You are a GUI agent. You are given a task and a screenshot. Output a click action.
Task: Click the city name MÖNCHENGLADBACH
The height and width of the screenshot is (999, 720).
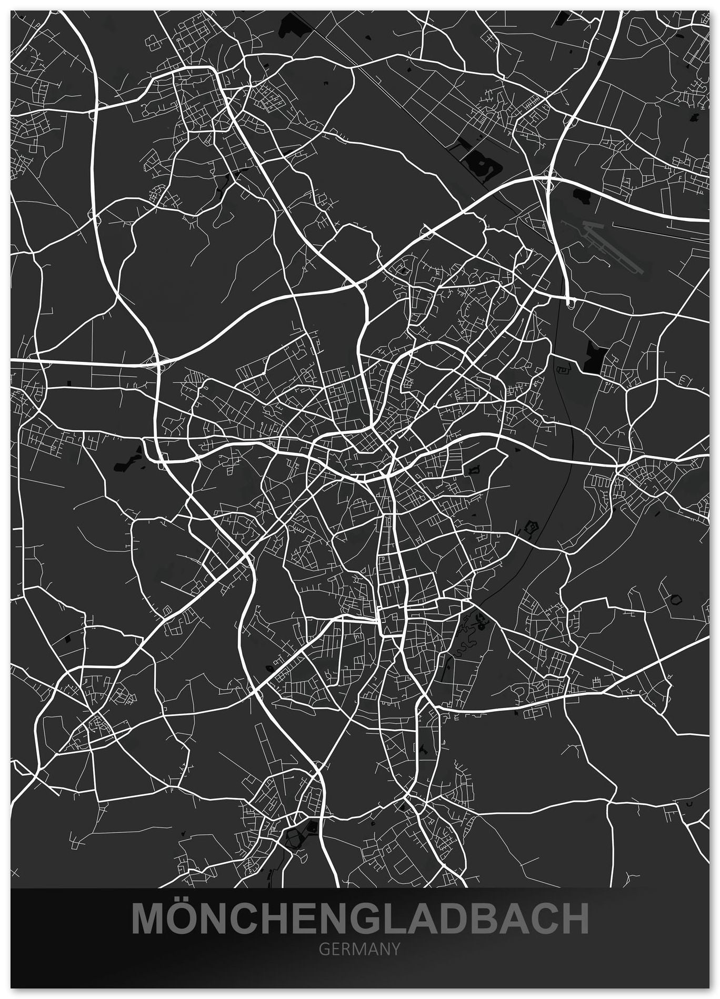360,919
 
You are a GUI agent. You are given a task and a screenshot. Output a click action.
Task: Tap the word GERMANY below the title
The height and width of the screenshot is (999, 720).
360,948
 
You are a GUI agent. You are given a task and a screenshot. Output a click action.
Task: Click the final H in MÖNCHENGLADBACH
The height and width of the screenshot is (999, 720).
573,920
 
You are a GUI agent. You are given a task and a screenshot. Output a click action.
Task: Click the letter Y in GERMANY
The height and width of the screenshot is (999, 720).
395,948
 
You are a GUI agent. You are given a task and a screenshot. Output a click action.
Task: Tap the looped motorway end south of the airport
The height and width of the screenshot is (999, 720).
569,302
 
